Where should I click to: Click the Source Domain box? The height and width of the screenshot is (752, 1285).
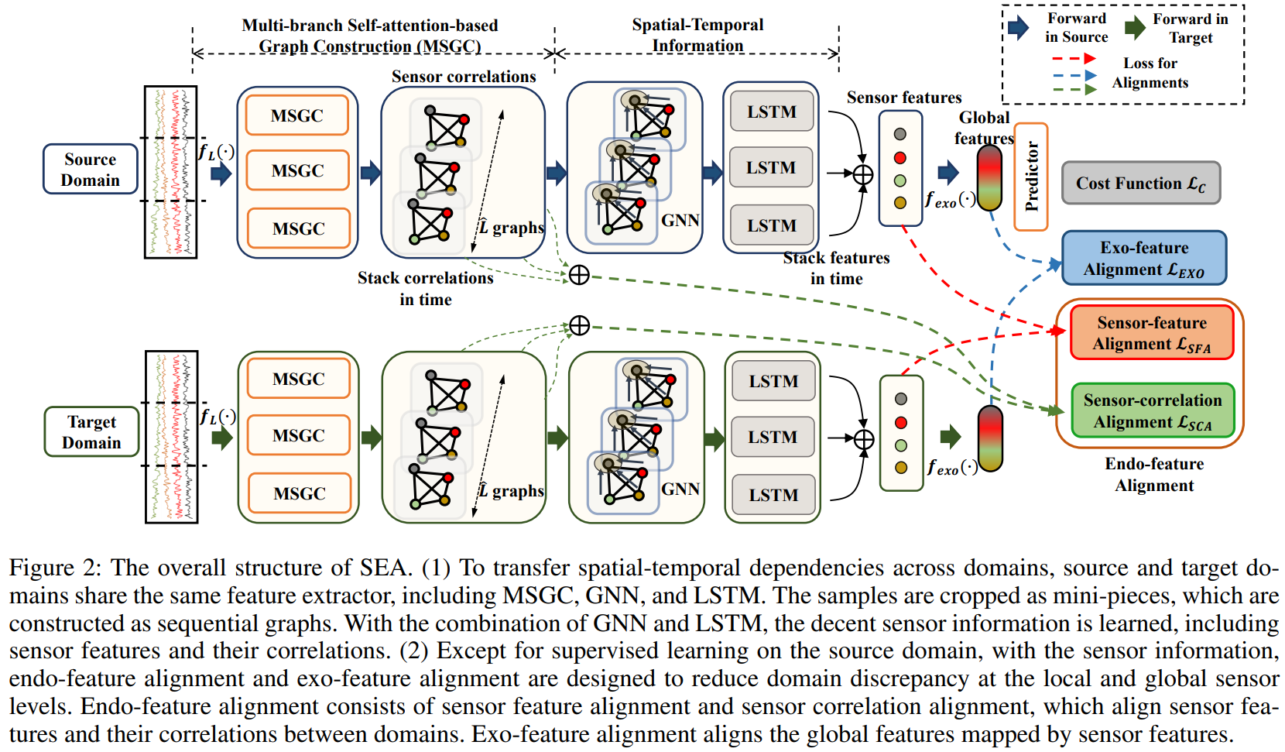pyautogui.click(x=91, y=170)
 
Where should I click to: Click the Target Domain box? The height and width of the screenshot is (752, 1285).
pyautogui.click(x=92, y=432)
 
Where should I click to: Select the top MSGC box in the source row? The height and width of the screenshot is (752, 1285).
pyautogui.click(x=297, y=115)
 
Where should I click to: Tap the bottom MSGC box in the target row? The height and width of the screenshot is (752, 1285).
pyautogui.click(x=300, y=493)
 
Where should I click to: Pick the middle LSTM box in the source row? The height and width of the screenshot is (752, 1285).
pyautogui.click(x=771, y=168)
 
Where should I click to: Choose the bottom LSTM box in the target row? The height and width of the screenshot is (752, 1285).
pyautogui.click(x=773, y=495)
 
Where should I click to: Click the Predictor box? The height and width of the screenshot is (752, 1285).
pyautogui.click(x=1031, y=177)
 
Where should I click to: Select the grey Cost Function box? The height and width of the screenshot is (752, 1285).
pyautogui.click(x=1140, y=184)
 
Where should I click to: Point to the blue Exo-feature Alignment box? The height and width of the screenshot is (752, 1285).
pyautogui.click(x=1144, y=259)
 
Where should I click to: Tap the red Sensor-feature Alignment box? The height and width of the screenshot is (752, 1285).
pyautogui.click(x=1152, y=333)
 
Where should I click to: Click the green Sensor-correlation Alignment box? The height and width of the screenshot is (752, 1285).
pyautogui.click(x=1153, y=411)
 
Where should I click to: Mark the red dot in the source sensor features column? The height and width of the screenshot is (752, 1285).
pyautogui.click(x=900, y=158)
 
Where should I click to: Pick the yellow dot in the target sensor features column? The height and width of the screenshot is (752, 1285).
pyautogui.click(x=901, y=468)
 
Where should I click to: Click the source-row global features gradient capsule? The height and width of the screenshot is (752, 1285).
pyautogui.click(x=989, y=178)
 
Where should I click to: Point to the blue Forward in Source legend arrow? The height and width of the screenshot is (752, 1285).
pyautogui.click(x=1019, y=28)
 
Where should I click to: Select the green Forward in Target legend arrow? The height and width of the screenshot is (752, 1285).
pyautogui.click(x=1135, y=28)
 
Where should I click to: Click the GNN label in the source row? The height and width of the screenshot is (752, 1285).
pyautogui.click(x=680, y=221)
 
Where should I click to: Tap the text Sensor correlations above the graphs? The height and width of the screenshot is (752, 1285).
pyautogui.click(x=464, y=77)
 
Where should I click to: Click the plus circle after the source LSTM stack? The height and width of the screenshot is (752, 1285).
pyautogui.click(x=863, y=175)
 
